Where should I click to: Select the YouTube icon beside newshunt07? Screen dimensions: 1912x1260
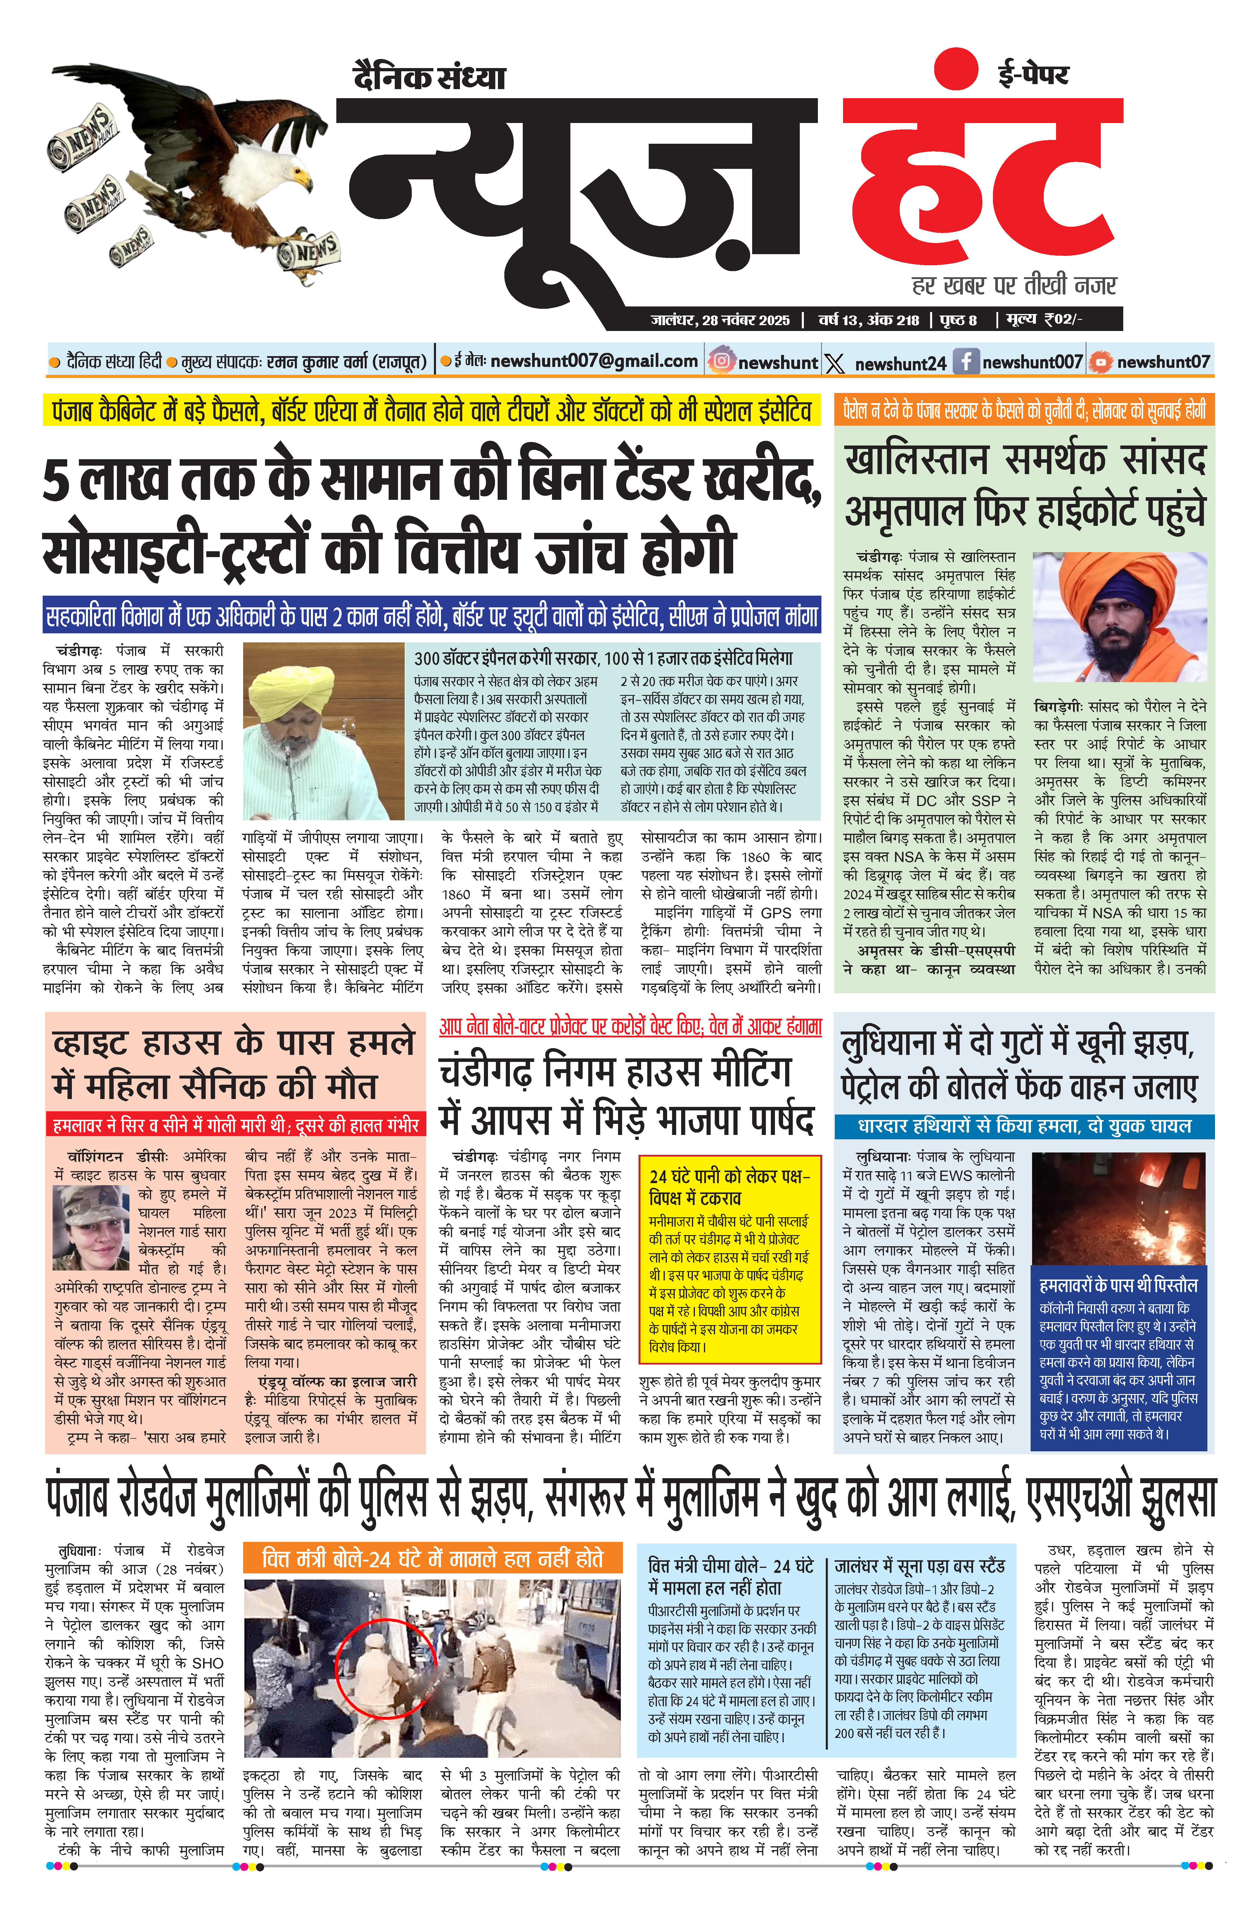coord(1099,362)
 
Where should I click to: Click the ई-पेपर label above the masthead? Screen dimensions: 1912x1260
coord(1033,74)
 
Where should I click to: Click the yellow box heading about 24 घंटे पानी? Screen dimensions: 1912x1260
coord(730,1186)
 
